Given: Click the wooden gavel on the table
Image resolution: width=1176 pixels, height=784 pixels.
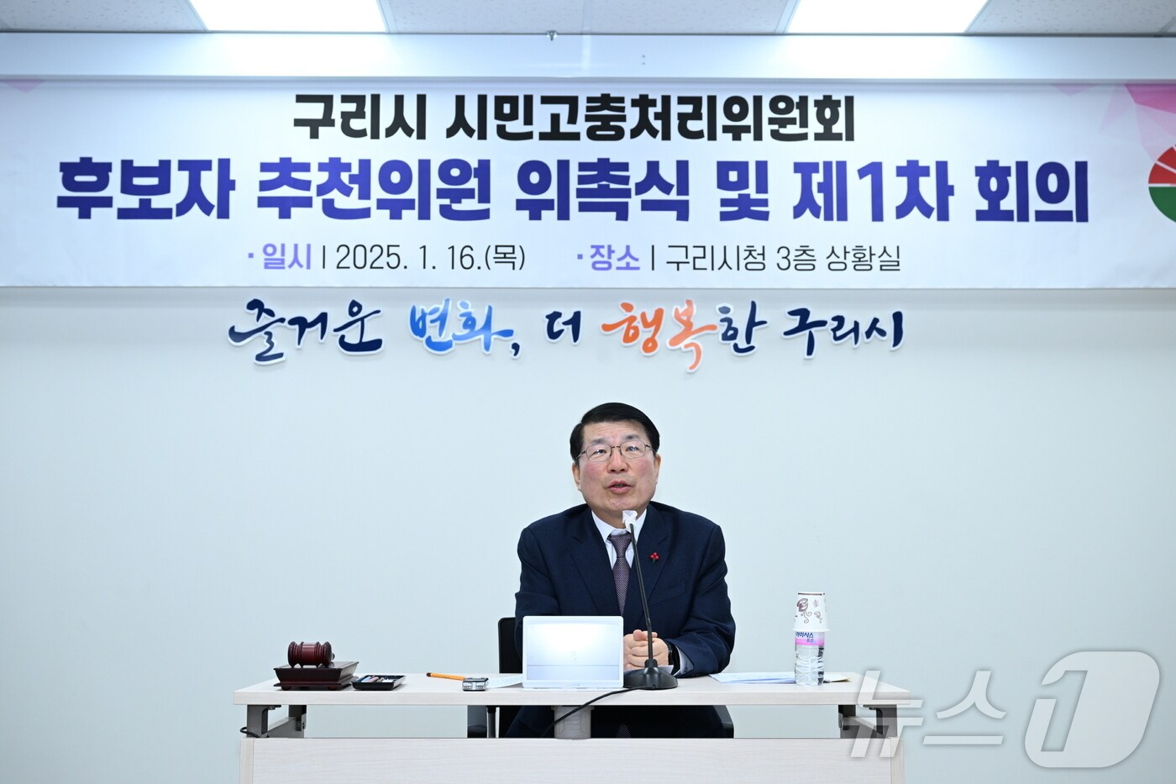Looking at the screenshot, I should [x=310, y=653].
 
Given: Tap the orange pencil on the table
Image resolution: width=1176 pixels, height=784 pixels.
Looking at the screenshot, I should [x=445, y=676].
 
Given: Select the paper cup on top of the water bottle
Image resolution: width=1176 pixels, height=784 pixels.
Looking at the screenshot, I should [x=811, y=611].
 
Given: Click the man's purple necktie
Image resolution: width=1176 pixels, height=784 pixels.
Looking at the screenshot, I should [x=622, y=566].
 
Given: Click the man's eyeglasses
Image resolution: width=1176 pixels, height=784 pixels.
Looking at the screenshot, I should [x=616, y=452].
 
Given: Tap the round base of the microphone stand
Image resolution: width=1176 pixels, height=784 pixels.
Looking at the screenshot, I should [x=650, y=678].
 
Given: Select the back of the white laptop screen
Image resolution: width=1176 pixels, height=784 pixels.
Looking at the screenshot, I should [x=573, y=651].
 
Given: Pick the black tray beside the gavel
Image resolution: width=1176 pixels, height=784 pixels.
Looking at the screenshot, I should [x=378, y=681].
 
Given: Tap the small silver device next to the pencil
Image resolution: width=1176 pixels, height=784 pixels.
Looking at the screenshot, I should [x=475, y=683].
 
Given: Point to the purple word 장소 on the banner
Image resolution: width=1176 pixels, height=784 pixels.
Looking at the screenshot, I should [x=614, y=258].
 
